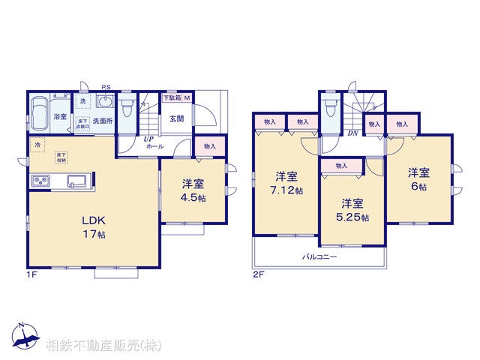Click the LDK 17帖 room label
(x=94, y=226)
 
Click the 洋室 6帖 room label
(x=418, y=180)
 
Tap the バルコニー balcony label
(x=319, y=256)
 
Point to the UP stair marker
(x=149, y=138)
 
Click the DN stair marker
(x=352, y=133)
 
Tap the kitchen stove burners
(x=40, y=181)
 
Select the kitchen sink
(x=76, y=181)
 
